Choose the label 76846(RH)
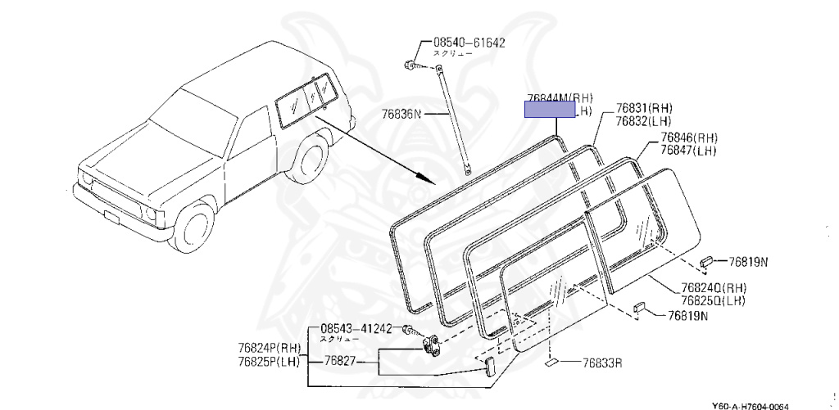(689, 137)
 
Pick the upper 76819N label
(749, 263)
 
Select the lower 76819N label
(687, 315)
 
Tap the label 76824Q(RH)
(713, 287)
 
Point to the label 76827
(339, 359)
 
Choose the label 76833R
(603, 363)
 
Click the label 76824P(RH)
(270, 348)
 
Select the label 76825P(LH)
(270, 361)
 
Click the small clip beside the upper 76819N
(706, 262)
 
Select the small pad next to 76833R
(551, 360)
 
